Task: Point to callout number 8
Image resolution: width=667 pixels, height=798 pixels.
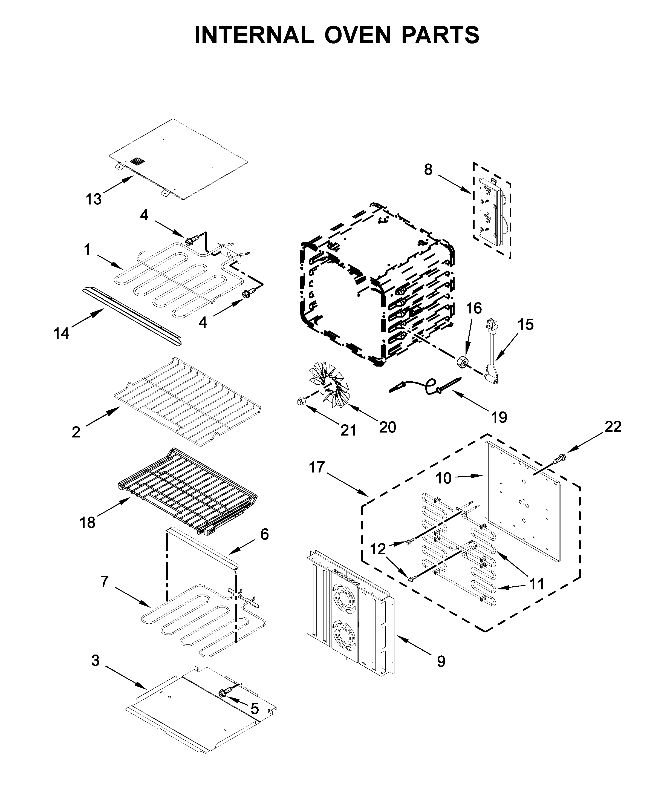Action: click(428, 169)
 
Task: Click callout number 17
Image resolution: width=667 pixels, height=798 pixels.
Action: click(317, 467)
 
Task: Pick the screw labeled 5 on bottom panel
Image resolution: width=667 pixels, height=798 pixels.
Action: click(223, 692)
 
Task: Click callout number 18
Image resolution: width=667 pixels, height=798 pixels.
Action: click(87, 523)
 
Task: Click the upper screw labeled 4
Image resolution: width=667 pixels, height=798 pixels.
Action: click(191, 241)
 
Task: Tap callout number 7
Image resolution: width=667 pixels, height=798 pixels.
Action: click(105, 582)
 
